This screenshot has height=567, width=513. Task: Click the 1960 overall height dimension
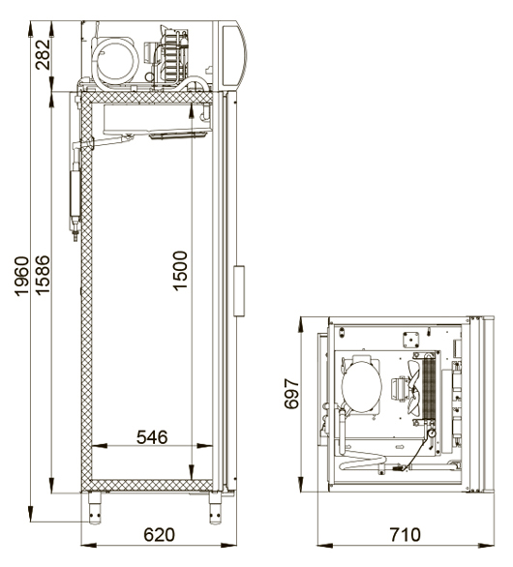pos(21,276)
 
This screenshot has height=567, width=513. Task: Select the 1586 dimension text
pos(43,275)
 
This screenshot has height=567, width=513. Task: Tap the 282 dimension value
pos(43,54)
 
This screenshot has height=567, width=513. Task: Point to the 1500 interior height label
pos(180,271)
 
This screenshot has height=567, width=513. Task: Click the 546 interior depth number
pos(152,437)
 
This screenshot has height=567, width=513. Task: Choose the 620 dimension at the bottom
pos(159,535)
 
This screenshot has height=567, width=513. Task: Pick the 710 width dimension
pos(406,535)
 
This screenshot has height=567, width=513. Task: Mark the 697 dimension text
pos(291,394)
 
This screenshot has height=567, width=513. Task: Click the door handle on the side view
pos(239,291)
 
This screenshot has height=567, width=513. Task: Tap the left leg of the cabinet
pos(95,508)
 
